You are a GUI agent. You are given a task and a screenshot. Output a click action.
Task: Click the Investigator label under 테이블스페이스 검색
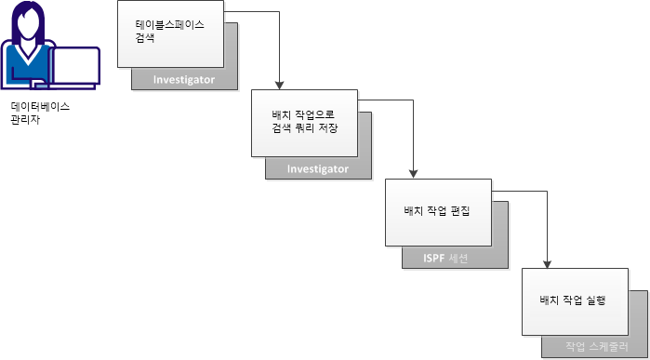coord(185,80)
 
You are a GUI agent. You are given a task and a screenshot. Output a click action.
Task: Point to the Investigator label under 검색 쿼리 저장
coord(318,169)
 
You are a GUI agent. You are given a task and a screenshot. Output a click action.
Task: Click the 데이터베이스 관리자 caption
coord(40,113)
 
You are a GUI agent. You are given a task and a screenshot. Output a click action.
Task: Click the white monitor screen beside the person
coord(75,65)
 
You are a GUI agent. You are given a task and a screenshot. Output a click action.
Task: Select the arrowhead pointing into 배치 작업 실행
coord(548,261)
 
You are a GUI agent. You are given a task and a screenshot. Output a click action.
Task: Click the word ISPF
coord(423,258)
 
